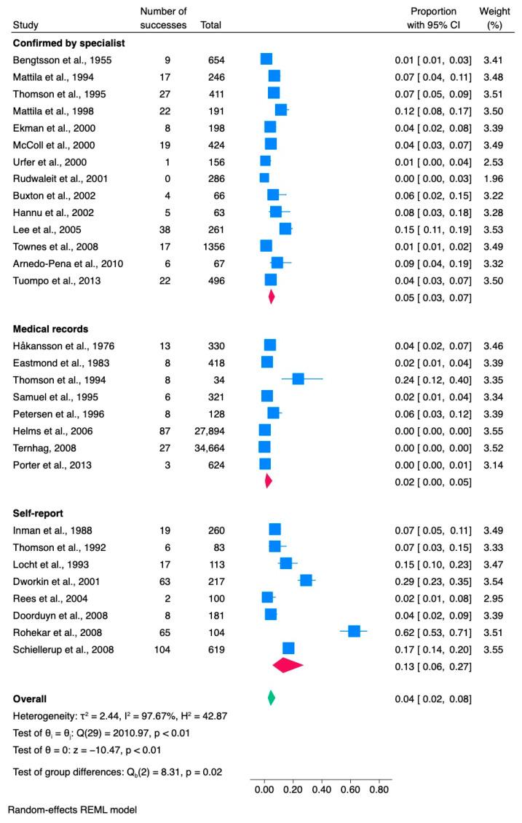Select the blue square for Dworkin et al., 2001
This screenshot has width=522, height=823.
306,580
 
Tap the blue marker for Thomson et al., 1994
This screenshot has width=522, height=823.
298,378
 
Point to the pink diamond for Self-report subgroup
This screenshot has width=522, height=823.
287,664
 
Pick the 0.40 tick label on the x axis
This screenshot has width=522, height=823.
321,787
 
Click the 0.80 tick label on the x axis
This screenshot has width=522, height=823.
379,787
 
